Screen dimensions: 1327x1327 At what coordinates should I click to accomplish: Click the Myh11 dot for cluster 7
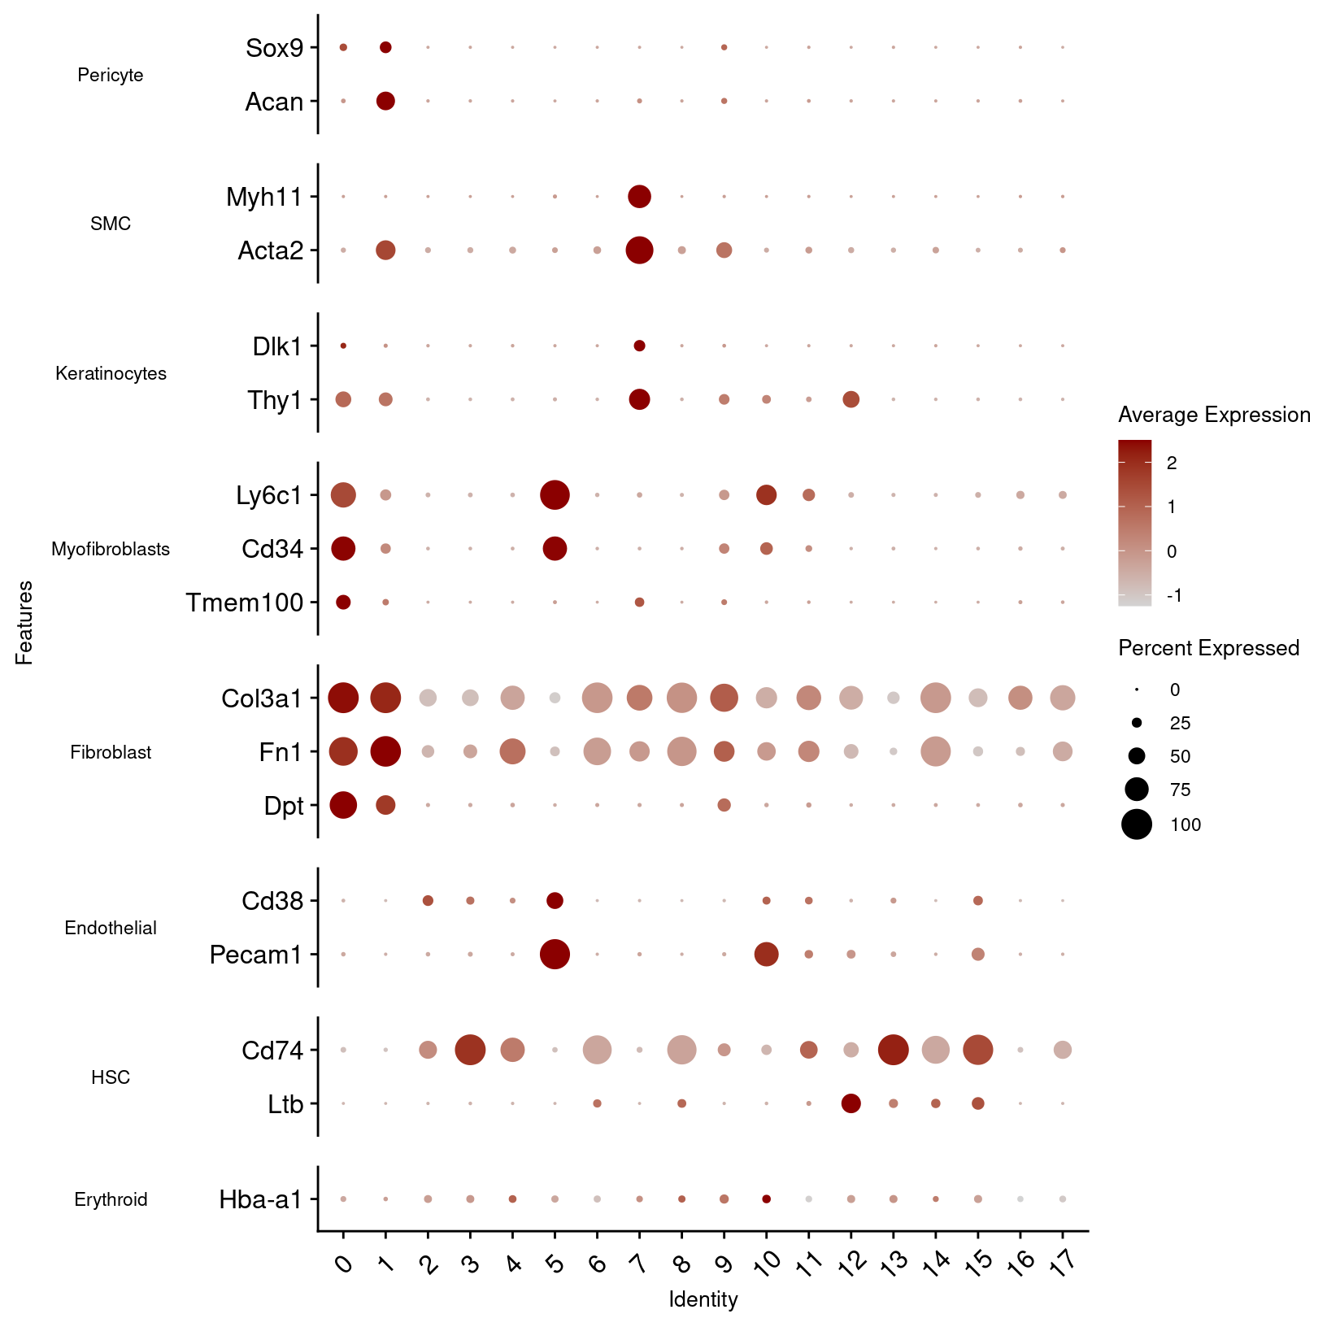639,196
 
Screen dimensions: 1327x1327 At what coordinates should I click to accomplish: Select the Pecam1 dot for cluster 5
555,954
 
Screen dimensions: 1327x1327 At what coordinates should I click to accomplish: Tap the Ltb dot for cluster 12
851,1103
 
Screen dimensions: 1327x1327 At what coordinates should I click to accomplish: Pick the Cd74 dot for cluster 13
893,1050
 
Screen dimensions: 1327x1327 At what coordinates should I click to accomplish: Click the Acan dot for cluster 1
385,101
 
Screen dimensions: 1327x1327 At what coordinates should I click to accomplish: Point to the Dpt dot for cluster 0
343,805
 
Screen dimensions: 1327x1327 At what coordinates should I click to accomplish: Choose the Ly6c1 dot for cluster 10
766,494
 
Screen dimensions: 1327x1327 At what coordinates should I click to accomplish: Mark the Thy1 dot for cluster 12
851,399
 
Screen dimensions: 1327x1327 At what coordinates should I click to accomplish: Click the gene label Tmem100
244,603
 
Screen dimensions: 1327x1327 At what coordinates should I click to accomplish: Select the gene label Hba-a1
260,1199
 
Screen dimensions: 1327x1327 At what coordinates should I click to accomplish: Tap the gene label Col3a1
261,698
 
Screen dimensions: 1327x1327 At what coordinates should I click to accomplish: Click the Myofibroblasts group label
111,549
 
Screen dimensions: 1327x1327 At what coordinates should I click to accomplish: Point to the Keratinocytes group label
111,373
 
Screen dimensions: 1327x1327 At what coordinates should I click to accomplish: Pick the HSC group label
111,1077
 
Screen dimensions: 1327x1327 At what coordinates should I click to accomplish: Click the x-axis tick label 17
1062,1261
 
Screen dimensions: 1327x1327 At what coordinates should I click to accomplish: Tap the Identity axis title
703,1299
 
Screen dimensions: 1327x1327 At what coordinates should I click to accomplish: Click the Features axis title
24,622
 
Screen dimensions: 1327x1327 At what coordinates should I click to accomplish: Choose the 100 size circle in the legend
1137,824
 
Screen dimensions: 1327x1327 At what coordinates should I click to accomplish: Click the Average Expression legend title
1214,415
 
